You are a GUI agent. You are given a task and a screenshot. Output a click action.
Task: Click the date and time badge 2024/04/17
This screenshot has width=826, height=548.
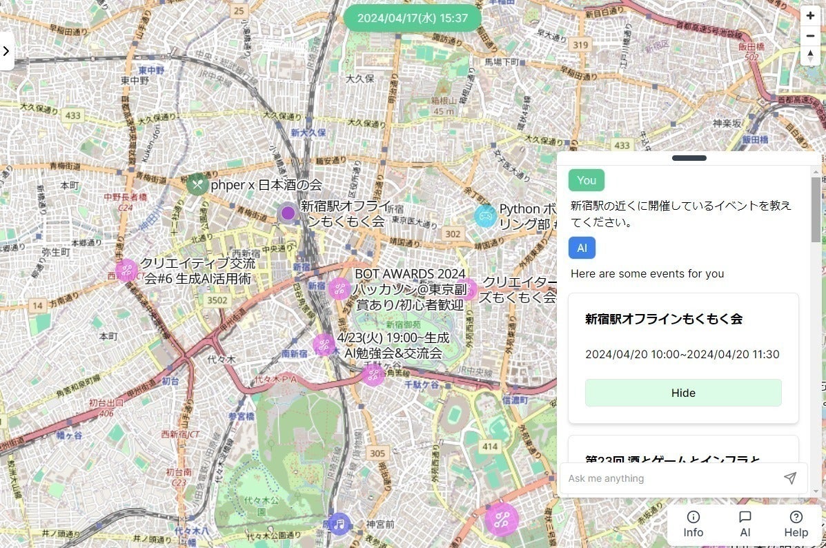pyautogui.click(x=413, y=18)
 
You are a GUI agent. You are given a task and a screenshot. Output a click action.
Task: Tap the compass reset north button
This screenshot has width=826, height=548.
pyautogui.click(x=810, y=57)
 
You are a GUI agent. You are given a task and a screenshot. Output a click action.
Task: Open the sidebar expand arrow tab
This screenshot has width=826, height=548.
pyautogui.click(x=6, y=50)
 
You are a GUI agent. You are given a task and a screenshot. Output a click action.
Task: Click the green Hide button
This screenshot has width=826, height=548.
pyautogui.click(x=683, y=393)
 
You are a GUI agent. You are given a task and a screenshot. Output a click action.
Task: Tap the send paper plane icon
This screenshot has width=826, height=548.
pyautogui.click(x=790, y=478)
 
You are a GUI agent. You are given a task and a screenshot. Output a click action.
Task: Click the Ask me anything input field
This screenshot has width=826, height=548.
pyautogui.click(x=669, y=478)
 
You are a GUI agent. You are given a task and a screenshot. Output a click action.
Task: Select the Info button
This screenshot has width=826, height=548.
pyautogui.click(x=694, y=524)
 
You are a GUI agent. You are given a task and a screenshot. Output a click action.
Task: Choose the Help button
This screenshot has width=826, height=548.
pyautogui.click(x=796, y=524)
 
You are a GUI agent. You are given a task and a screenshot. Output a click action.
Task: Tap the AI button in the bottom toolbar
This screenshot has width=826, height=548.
pyautogui.click(x=745, y=524)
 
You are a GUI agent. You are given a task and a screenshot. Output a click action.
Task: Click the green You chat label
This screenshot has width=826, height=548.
pyautogui.click(x=587, y=180)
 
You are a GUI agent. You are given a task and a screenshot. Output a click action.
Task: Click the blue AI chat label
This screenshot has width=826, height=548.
pyautogui.click(x=582, y=248)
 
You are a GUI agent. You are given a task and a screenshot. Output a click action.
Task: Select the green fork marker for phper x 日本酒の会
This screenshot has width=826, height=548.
pyautogui.click(x=197, y=184)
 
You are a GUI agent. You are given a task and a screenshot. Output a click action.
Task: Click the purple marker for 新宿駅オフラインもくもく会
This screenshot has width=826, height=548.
pyautogui.click(x=288, y=213)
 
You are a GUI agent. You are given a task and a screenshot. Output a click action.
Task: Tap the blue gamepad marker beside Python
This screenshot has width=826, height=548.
pyautogui.click(x=485, y=216)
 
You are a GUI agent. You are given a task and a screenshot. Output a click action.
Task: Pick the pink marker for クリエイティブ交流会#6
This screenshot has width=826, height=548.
pyautogui.click(x=127, y=270)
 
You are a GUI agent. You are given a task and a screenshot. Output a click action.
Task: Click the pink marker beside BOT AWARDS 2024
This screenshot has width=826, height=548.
pyautogui.click(x=339, y=288)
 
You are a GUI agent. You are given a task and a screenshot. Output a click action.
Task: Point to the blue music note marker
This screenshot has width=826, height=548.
pyautogui.click(x=339, y=525)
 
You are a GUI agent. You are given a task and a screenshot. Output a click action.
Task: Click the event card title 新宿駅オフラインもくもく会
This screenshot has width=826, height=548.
pyautogui.click(x=664, y=319)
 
